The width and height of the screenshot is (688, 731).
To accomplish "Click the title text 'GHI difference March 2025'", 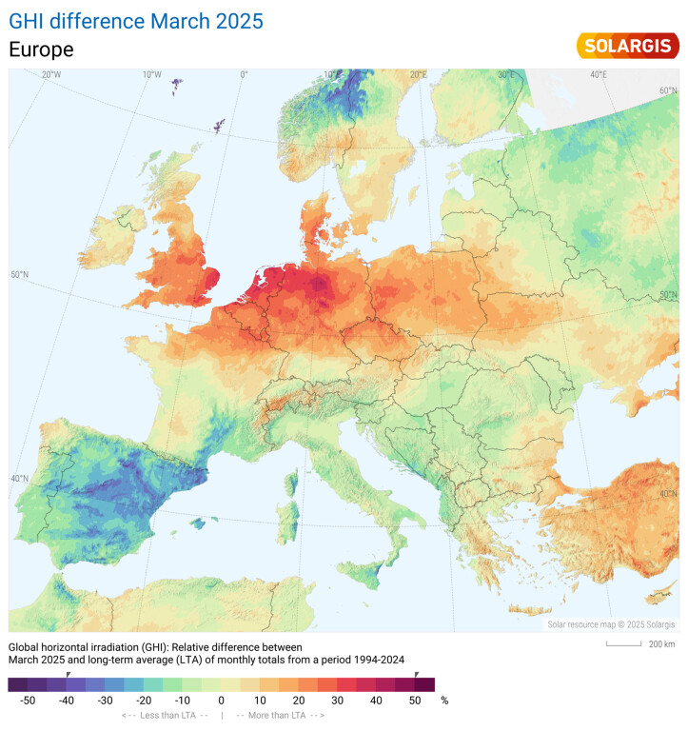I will pyautogui.click(x=136, y=20).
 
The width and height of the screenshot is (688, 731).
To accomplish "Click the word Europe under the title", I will pyautogui.click(x=41, y=49).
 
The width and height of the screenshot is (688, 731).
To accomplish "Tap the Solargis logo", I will pyautogui.click(x=628, y=46).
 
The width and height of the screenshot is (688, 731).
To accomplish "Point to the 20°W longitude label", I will pyautogui.click(x=51, y=74).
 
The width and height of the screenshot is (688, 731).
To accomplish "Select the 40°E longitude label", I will pyautogui.click(x=599, y=74).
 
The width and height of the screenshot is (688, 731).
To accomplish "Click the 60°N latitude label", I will pyautogui.click(x=668, y=90).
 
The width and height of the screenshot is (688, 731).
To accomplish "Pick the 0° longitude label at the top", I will pyautogui.click(x=244, y=74).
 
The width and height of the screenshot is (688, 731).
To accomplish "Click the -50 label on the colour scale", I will pyautogui.click(x=29, y=700).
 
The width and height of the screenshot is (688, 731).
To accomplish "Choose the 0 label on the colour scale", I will pyautogui.click(x=222, y=700).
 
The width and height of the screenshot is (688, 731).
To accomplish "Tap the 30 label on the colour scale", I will pyautogui.click(x=338, y=700).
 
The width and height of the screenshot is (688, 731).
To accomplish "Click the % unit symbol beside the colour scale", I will pyautogui.click(x=443, y=700).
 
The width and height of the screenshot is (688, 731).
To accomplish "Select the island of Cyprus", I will pyautogui.click(x=656, y=597).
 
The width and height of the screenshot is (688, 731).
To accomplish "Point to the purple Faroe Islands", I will pyautogui.click(x=177, y=87).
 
